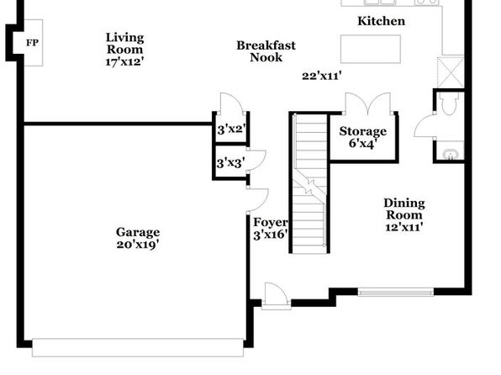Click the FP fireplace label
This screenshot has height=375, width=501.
32,43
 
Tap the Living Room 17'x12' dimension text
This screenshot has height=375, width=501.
124,61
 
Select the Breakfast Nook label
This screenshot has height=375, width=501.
266,51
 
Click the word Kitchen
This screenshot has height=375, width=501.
381,21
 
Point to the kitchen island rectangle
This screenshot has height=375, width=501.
371,50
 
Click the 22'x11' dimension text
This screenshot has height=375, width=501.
322,76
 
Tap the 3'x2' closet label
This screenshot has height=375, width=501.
232,129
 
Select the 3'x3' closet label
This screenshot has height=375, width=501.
231,163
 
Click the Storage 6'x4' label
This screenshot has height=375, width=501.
362,137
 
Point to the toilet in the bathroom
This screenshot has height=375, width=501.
449,103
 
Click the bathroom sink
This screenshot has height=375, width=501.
451,155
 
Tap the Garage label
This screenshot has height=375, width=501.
138,232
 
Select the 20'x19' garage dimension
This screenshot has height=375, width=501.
138,245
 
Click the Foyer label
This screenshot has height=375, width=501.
271,222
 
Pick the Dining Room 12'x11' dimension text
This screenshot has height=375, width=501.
404,227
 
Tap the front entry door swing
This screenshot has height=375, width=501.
277,292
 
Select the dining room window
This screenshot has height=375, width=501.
396,293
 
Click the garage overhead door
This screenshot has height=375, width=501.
138,348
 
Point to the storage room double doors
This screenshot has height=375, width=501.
368,103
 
